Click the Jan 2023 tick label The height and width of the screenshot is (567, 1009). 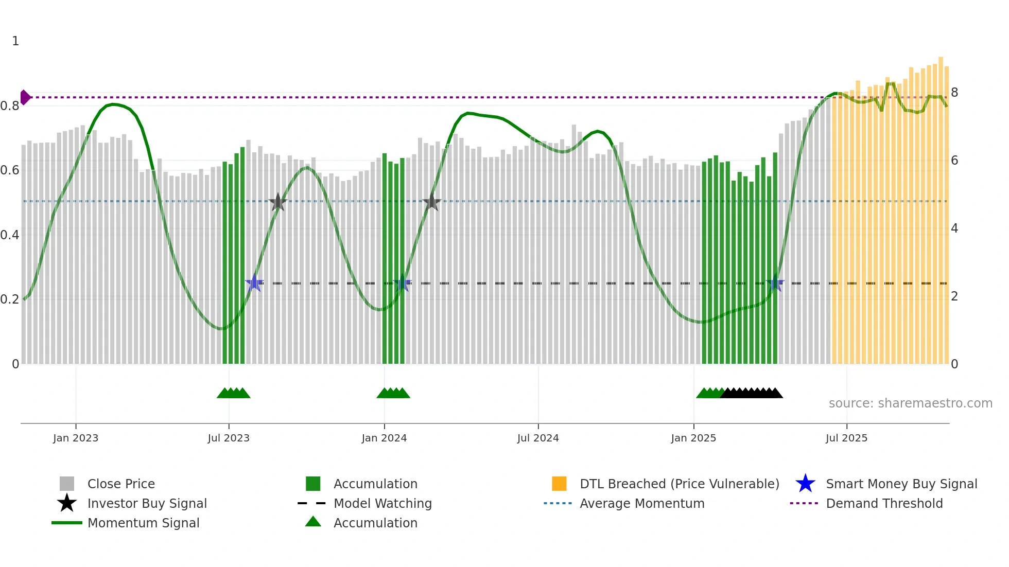[x=76, y=438]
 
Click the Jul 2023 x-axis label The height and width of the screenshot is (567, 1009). [x=229, y=438]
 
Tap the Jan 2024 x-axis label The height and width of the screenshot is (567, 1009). [x=384, y=438]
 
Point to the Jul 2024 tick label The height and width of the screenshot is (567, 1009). [x=538, y=438]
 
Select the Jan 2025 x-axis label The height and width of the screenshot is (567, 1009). [x=693, y=438]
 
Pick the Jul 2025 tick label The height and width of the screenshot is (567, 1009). [x=846, y=438]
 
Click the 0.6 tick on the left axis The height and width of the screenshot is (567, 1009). [x=10, y=170]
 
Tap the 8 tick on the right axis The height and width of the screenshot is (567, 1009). [x=954, y=93]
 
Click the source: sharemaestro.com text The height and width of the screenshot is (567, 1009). [x=910, y=403]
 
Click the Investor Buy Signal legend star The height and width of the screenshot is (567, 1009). [x=67, y=503]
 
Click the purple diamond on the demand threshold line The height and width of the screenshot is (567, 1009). [x=25, y=97]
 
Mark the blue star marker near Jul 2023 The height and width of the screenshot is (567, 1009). [x=254, y=283]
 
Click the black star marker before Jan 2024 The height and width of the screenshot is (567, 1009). [x=278, y=202]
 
